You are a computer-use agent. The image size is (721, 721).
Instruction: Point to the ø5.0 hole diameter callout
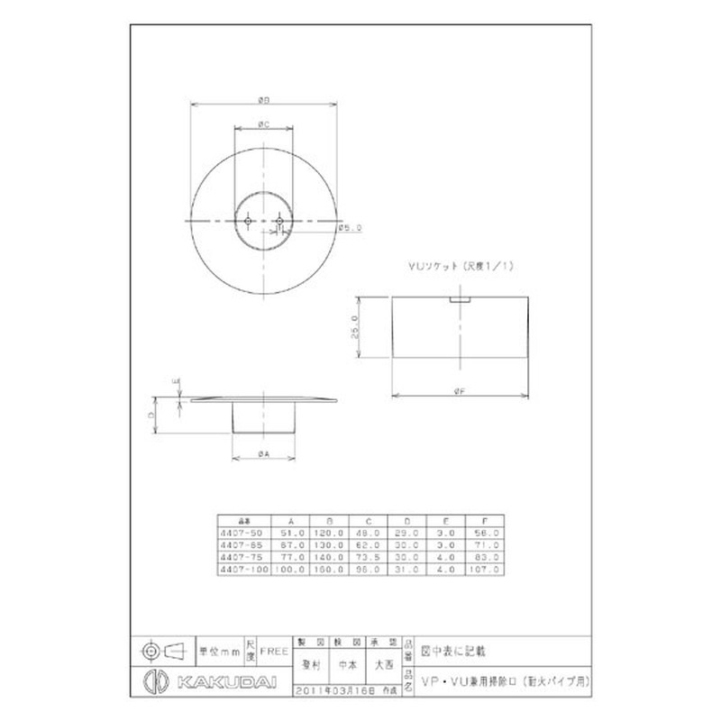[351, 229]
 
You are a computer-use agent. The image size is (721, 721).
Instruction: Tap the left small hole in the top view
[249, 218]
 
